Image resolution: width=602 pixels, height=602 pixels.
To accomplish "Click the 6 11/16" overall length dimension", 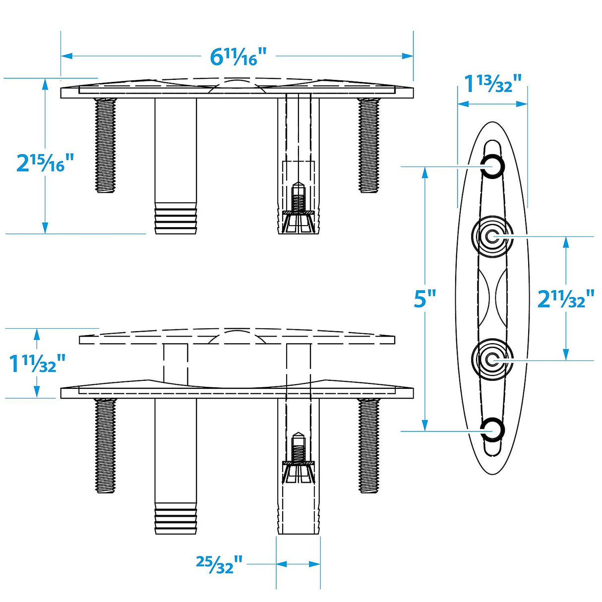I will click(x=239, y=57).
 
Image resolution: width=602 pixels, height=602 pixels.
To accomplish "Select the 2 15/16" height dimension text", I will click(x=45, y=163).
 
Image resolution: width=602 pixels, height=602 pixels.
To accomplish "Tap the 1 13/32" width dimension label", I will click(x=492, y=83).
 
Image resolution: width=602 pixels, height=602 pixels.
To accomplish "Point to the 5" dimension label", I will click(x=424, y=299).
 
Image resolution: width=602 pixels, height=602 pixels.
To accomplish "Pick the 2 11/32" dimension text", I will click(x=566, y=299).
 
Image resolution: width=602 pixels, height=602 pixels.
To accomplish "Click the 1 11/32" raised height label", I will click(x=37, y=363).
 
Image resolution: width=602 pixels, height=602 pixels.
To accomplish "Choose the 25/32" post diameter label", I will click(x=219, y=564).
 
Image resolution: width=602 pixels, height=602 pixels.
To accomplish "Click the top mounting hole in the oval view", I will click(x=492, y=166).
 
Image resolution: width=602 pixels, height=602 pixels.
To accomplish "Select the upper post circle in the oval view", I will click(x=492, y=237).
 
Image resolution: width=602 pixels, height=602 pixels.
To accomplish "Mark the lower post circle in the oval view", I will click(x=492, y=360).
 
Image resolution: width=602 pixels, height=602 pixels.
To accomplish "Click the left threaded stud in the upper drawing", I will click(x=105, y=145).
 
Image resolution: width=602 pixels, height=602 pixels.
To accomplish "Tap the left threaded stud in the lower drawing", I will click(x=105, y=445).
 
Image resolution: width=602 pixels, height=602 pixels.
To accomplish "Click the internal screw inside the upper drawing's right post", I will click(x=298, y=198).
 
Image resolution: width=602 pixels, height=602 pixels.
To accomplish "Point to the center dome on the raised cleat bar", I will click(x=237, y=337).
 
